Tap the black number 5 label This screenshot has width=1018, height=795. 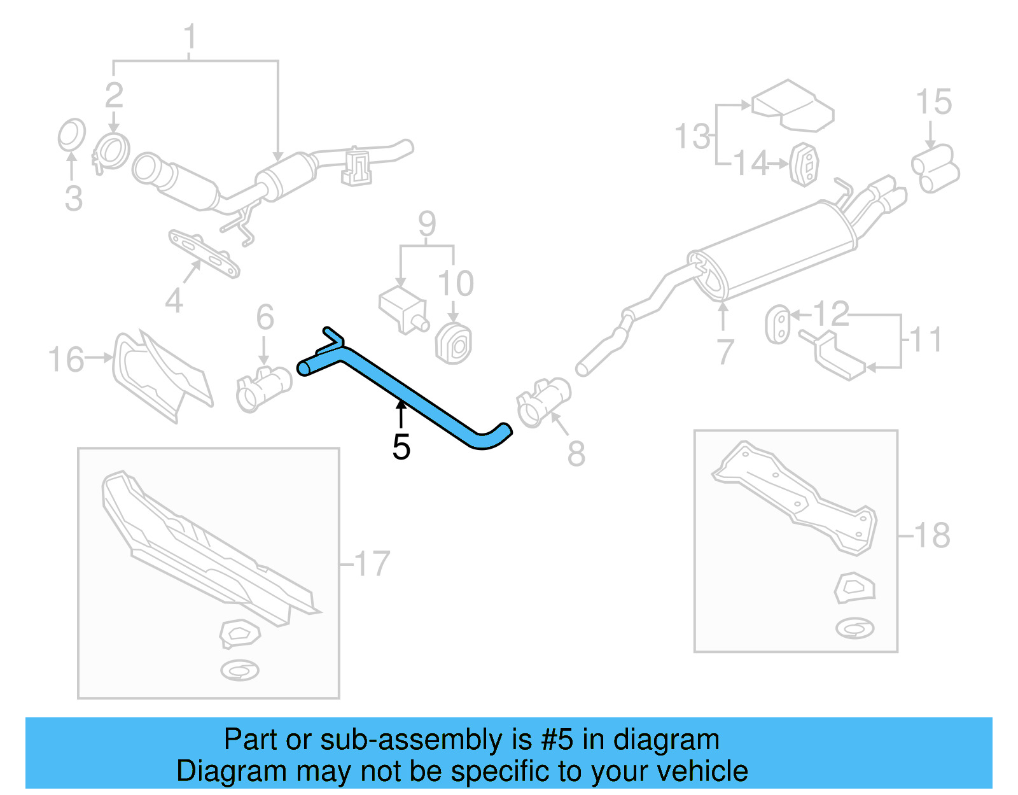[401, 447]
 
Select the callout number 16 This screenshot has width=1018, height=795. [66, 360]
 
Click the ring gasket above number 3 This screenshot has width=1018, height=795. [71, 135]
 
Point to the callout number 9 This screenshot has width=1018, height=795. [428, 223]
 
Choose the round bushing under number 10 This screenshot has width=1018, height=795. [454, 344]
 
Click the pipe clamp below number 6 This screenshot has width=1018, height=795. [263, 388]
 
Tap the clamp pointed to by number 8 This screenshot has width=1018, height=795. [543, 401]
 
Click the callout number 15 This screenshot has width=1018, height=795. [933, 102]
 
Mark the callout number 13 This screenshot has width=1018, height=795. [692, 137]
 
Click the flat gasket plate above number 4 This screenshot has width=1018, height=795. [204, 254]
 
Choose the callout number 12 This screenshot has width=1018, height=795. [831, 314]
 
